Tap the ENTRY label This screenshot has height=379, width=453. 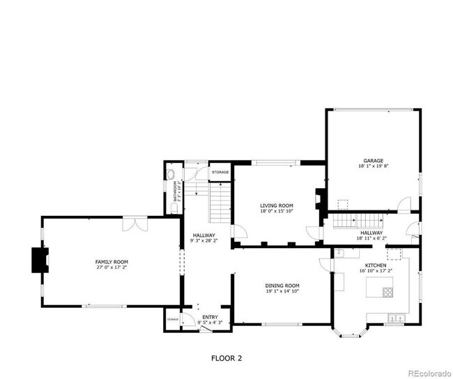(210, 317)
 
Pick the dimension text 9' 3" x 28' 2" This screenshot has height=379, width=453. (204, 241)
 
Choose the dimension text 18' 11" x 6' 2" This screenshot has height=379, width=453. (370, 239)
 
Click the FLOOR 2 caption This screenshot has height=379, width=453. (226, 358)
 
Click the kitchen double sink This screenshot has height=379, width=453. (396, 318)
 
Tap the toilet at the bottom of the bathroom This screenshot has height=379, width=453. (174, 207)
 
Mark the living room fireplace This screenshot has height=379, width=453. (320, 199)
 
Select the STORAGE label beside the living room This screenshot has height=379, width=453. (220, 172)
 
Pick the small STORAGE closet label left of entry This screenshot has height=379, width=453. (172, 319)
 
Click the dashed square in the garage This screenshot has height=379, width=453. (342, 204)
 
